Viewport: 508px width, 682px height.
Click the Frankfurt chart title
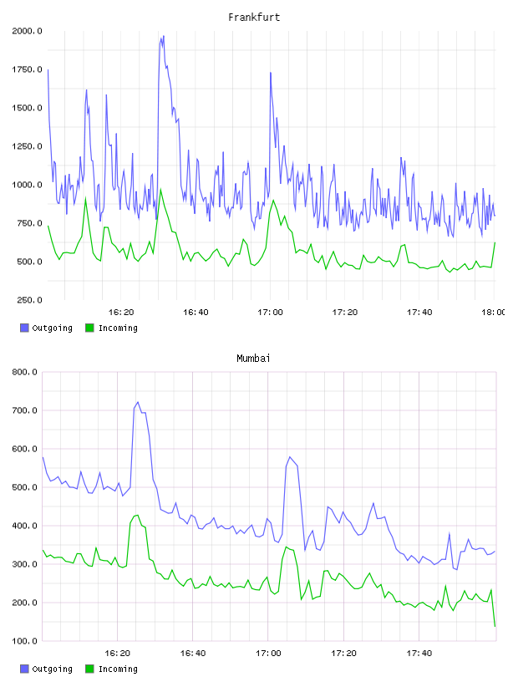point(254,18)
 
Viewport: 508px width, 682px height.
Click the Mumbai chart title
point(253,359)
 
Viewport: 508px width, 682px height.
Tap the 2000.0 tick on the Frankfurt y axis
point(27,31)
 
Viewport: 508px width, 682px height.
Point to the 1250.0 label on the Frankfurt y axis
point(27,146)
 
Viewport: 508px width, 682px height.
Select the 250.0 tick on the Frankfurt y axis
point(29,300)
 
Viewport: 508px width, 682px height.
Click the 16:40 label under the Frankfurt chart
point(196,313)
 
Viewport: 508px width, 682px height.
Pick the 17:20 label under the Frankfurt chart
point(345,313)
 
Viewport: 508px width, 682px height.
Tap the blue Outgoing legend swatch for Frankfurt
point(24,328)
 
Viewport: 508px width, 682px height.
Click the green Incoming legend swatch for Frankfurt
point(89,328)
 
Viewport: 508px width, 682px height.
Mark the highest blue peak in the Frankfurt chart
point(164,36)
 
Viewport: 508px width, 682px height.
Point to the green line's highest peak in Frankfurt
point(161,189)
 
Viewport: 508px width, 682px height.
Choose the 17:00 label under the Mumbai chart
point(268,654)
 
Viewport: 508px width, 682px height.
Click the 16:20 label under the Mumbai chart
point(118,654)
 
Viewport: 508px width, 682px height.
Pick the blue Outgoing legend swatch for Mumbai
point(24,669)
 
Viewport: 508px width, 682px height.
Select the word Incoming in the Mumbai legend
point(118,669)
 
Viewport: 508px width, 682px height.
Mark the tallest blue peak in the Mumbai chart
point(138,402)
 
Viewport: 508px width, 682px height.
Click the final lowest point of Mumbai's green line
point(495,626)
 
